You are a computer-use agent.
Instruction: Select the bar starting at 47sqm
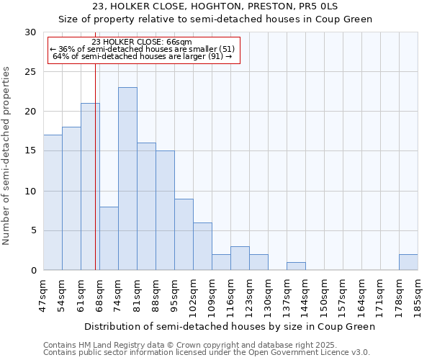click(x=53, y=202)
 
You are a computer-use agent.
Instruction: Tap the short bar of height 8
click(x=109, y=238)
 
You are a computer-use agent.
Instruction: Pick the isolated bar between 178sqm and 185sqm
click(x=408, y=262)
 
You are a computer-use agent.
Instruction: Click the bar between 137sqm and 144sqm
click(x=296, y=266)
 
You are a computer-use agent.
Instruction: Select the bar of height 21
click(x=90, y=186)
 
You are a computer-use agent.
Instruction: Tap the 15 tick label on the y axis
click(x=30, y=151)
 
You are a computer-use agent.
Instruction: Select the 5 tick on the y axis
click(x=33, y=231)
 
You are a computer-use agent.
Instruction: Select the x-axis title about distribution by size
click(x=230, y=327)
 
